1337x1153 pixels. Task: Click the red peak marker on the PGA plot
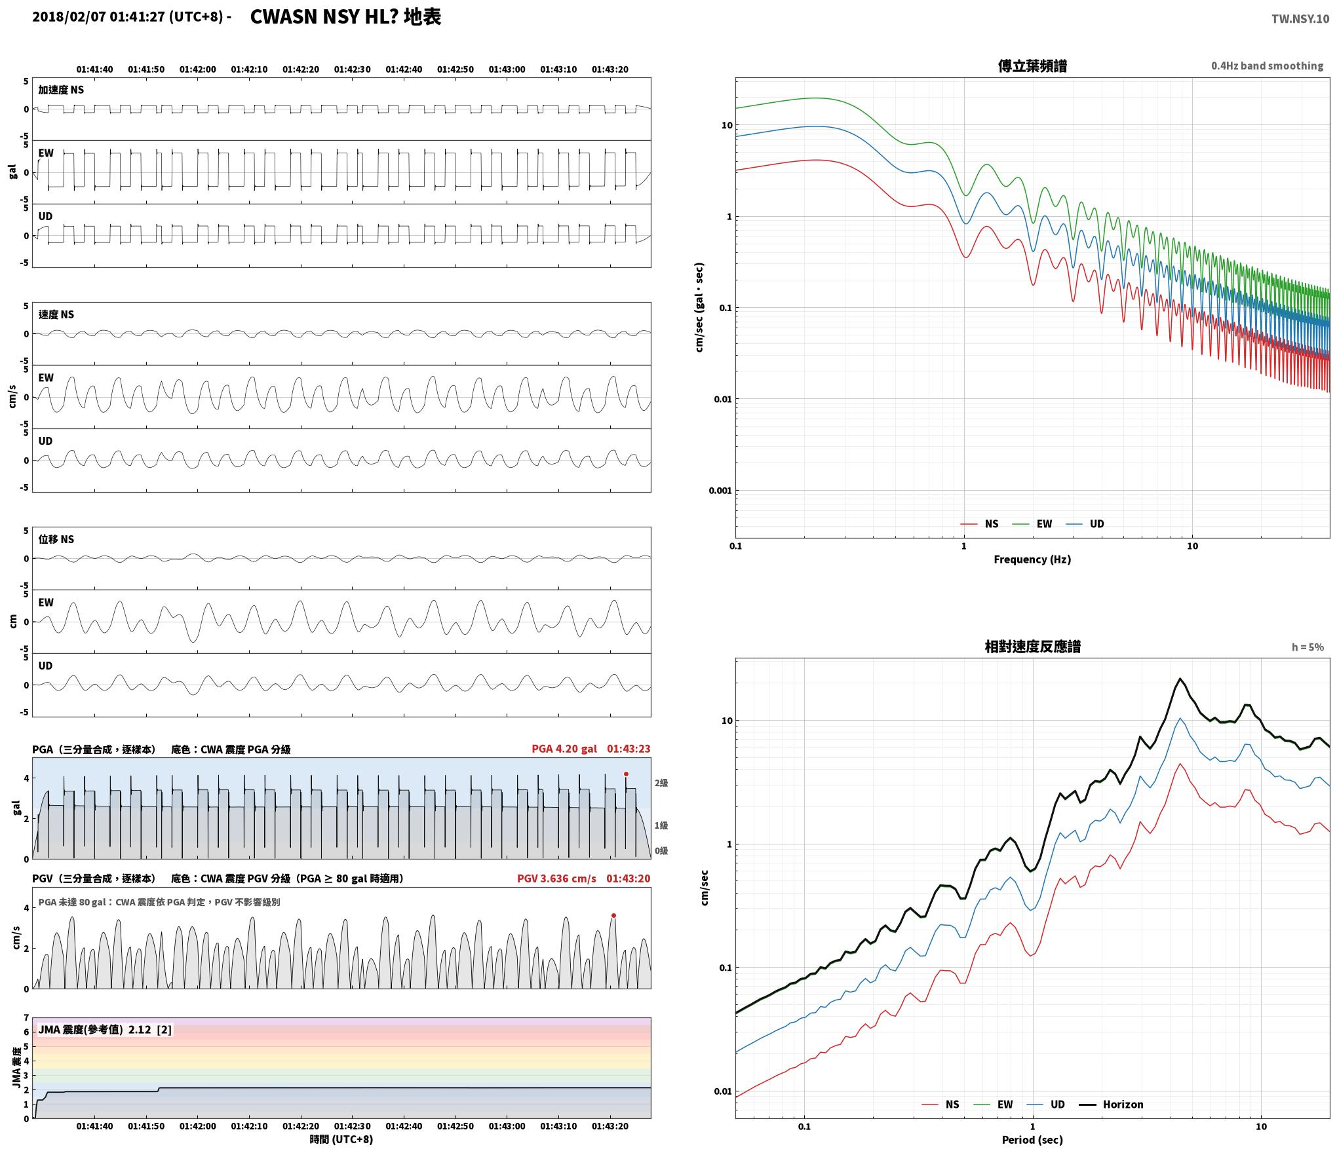tap(626, 774)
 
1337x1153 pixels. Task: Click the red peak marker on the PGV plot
tap(613, 916)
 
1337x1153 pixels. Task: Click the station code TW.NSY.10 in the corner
tap(1300, 19)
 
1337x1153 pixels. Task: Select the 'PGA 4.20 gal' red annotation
tap(564, 749)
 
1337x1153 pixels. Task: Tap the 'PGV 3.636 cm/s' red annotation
tap(556, 879)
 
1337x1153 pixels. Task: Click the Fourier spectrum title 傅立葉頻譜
tap(1032, 66)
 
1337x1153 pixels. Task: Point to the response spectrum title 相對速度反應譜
tap(1032, 647)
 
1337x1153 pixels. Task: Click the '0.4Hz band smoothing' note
tap(1267, 66)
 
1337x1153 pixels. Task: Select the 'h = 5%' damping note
tap(1308, 647)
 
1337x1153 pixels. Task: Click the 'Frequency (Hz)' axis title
tap(1032, 559)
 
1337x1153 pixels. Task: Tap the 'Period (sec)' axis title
tap(1032, 1141)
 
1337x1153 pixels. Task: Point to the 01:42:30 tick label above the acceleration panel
tap(353, 69)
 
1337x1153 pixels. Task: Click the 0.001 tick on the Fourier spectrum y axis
tap(720, 491)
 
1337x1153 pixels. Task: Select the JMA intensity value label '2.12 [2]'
tap(150, 1030)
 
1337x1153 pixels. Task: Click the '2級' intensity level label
tap(661, 783)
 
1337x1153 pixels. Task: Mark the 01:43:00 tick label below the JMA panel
tap(507, 1127)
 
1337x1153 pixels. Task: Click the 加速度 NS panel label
tap(61, 90)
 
